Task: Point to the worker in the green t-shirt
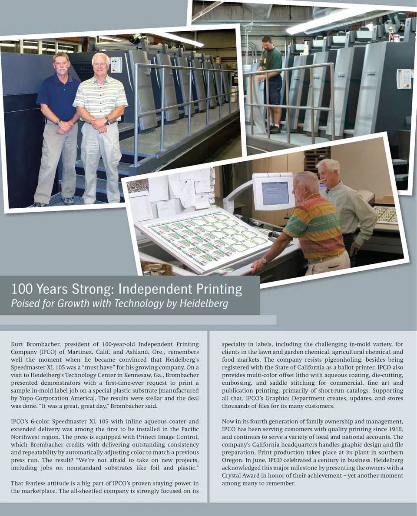271,83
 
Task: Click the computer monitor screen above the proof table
275,193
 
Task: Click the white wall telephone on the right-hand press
404,79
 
